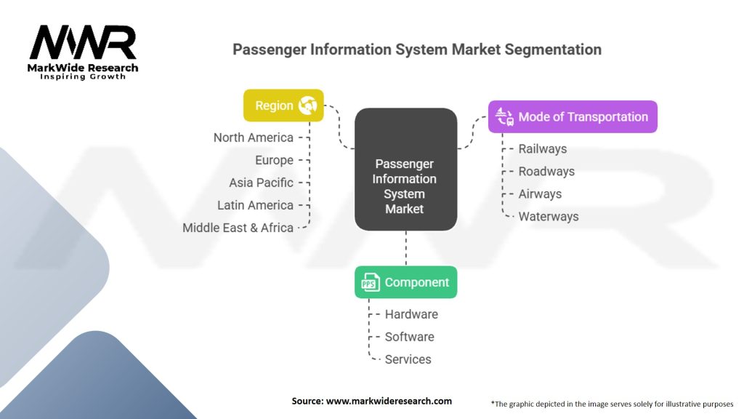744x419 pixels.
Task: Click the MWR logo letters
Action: (x=83, y=43)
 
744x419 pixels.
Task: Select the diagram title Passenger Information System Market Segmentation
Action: (x=416, y=50)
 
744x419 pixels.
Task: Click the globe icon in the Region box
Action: (x=307, y=105)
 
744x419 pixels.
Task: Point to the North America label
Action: (x=253, y=137)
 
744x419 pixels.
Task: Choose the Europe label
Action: (x=274, y=160)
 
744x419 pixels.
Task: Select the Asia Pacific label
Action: (x=261, y=183)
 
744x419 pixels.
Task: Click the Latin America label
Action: (x=255, y=205)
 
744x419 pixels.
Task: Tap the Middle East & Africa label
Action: (x=238, y=228)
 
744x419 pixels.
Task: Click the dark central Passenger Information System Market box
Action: (x=405, y=169)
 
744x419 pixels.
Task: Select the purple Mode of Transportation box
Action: (x=573, y=116)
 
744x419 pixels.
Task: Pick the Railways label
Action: (x=542, y=149)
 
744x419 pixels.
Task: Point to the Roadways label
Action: (x=546, y=172)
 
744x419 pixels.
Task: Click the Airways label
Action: (x=540, y=194)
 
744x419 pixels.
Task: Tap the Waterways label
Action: (x=548, y=217)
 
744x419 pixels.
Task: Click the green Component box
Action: (x=405, y=282)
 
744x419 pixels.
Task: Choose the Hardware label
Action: (x=411, y=314)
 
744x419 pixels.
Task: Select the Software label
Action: (x=409, y=337)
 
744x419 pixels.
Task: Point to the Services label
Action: (x=408, y=359)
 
